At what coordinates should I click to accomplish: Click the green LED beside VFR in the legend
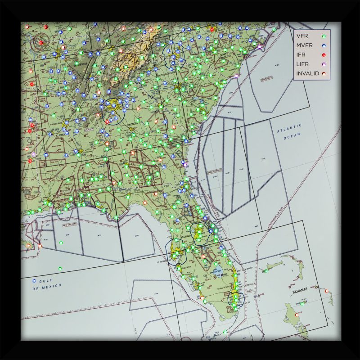click(x=324, y=36)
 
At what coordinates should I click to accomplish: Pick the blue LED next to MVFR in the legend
click(x=324, y=45)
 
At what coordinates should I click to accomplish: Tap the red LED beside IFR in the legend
click(x=324, y=54)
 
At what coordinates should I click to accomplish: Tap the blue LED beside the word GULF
click(x=35, y=280)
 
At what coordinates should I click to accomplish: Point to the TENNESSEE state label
click(x=81, y=63)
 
